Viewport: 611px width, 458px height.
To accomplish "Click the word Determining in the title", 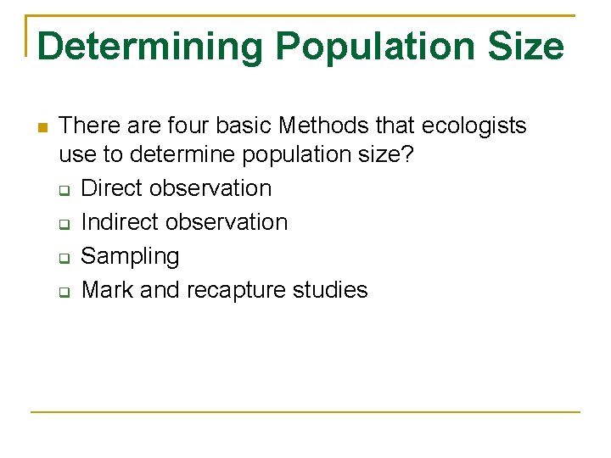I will coord(150,46).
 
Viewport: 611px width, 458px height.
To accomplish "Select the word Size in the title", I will coord(524,46).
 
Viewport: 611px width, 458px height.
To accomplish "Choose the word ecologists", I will coord(471,126).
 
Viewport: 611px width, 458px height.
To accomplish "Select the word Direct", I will coord(112,188).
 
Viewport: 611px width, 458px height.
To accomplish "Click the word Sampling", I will coord(130,256).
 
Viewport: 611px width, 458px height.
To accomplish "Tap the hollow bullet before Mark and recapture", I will coord(64,292).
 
